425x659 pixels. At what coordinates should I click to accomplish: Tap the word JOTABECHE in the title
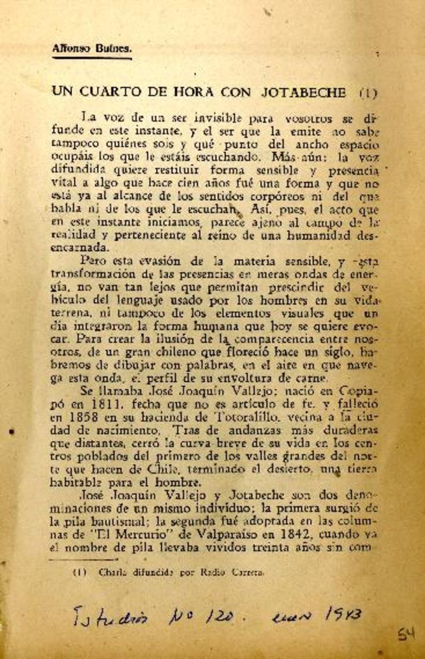point(303,92)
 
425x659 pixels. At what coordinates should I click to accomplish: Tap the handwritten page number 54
point(406,634)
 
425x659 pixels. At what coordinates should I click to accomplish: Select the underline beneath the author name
point(92,58)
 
